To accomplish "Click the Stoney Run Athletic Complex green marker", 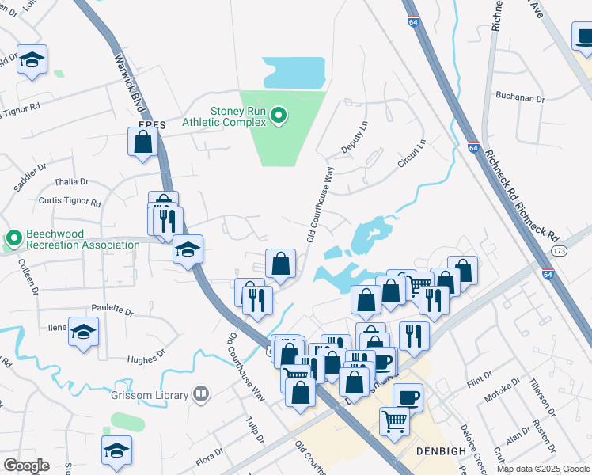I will pos(278,117).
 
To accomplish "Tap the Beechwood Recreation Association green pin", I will pos(13,237).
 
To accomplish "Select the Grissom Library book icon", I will pos(202,394).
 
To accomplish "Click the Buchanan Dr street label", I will pos(520,98).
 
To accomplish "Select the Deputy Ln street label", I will pos(355,138).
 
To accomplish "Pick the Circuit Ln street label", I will pos(412,154).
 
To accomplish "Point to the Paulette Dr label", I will pos(112,309).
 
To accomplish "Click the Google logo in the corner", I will pos(26,465).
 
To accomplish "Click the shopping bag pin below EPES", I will pos(142,142).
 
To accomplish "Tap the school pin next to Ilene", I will pos(83,332).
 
